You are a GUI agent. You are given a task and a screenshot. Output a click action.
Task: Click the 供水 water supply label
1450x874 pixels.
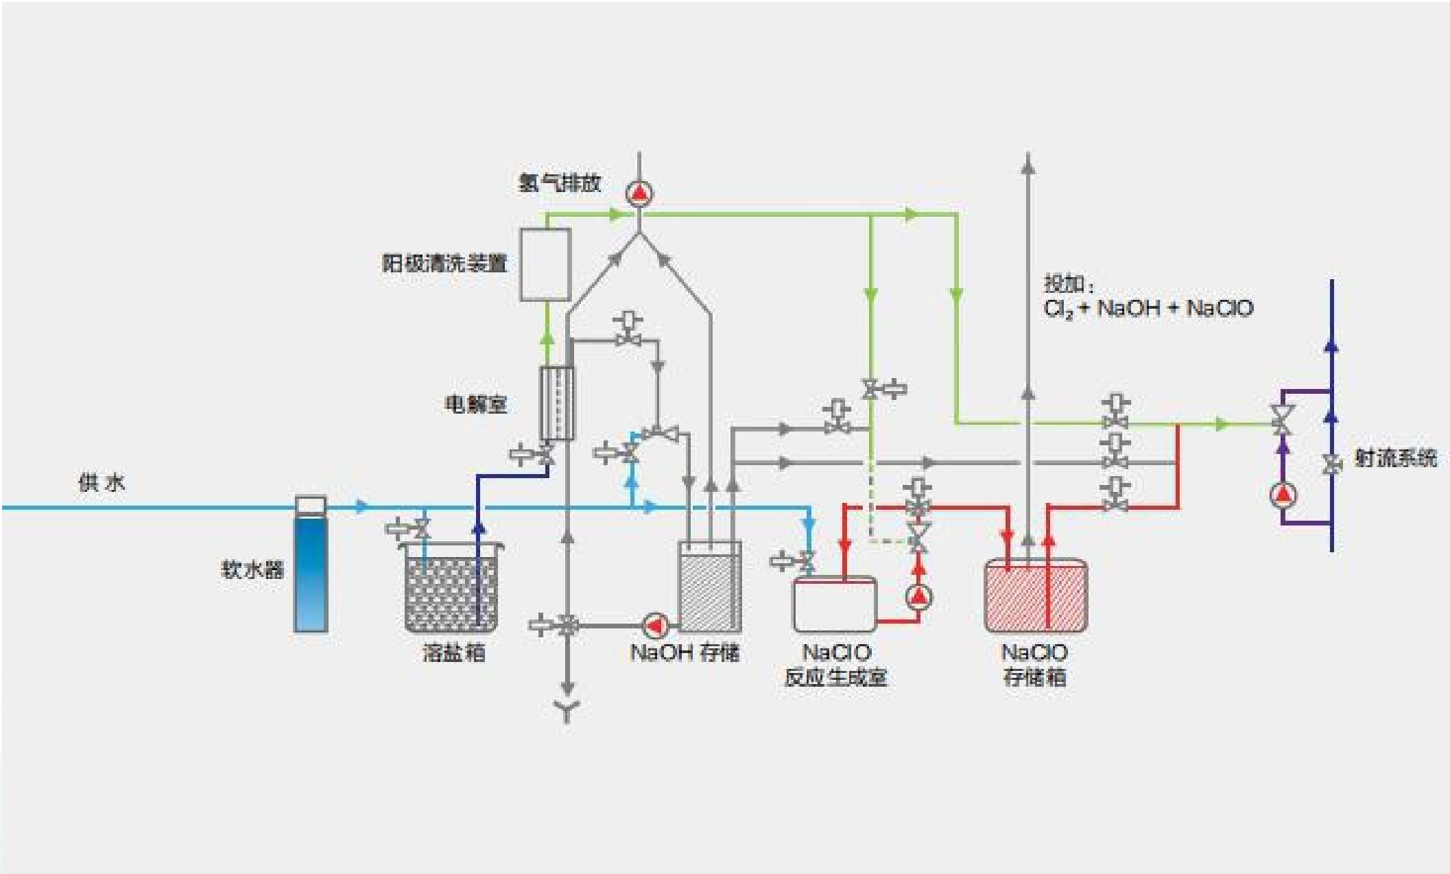(102, 483)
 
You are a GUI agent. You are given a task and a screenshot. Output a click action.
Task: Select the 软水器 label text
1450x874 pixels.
(252, 569)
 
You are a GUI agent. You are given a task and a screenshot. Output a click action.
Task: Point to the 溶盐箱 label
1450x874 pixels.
(453, 652)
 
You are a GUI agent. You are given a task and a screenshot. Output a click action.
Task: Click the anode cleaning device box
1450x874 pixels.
(545, 265)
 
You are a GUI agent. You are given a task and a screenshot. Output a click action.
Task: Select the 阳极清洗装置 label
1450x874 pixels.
(444, 263)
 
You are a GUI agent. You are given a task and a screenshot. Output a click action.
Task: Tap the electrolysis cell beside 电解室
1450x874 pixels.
(556, 403)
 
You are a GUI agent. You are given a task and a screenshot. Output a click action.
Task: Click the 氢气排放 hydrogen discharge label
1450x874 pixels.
(559, 183)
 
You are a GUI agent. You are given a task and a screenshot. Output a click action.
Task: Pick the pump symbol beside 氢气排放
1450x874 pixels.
(639, 193)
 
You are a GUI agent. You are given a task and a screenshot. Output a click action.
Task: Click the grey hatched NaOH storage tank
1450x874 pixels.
(709, 589)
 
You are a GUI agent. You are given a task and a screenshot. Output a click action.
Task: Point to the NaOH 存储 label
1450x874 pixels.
(685, 652)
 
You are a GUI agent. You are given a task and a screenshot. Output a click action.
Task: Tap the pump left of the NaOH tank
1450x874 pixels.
(656, 625)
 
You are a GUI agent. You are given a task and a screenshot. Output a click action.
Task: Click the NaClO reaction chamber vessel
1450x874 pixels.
(834, 604)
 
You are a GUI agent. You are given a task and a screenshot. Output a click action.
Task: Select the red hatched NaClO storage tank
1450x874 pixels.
(1035, 595)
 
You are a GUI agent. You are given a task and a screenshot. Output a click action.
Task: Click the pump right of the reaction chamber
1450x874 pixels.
(918, 597)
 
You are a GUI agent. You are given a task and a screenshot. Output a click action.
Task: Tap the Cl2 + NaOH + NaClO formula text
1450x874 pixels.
(1148, 309)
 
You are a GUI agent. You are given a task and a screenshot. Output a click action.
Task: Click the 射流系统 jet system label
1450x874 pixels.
(1395, 458)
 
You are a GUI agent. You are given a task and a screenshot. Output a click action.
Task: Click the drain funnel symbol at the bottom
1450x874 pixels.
(567, 711)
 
